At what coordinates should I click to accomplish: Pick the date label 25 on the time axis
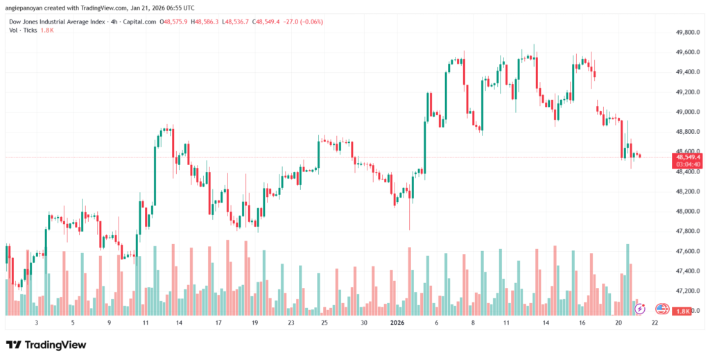tap(324, 323)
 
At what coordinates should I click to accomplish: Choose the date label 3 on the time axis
tap(36, 323)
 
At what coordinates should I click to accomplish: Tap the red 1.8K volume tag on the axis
tap(683, 311)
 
